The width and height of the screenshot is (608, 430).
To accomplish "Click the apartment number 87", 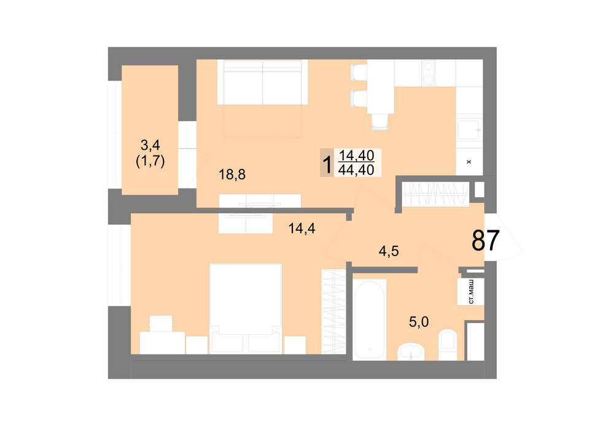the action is coord(485,240).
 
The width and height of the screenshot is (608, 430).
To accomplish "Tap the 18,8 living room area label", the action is coord(232,174).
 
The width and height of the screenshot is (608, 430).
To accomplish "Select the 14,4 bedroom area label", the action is coord(302,229).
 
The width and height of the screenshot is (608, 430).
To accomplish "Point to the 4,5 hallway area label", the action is coord(389,251).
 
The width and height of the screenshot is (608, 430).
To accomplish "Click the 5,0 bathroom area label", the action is coord(419,321).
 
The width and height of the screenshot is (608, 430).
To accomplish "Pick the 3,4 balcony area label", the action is coord(150,146).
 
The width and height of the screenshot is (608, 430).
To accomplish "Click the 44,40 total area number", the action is coord(356,170).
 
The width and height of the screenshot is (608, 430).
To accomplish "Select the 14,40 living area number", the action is coord(357,155).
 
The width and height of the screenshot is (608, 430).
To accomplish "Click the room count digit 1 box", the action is coord(327,163).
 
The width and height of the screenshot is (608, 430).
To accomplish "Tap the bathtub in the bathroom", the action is coord(370,319).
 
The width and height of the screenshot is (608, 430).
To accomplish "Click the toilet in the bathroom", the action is coord(448,345).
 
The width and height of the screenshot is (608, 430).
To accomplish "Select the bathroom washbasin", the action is coord(411,351).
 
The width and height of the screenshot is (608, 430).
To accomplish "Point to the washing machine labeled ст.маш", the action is coord(470,292).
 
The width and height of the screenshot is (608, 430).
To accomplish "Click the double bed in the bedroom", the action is coord(246,308).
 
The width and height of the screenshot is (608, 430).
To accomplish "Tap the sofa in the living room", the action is coord(262,82).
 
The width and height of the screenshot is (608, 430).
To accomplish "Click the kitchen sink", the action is coord(469,130).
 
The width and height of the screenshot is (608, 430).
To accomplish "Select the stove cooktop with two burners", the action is coord(428,73).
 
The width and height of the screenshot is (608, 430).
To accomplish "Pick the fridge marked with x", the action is coord(469,162).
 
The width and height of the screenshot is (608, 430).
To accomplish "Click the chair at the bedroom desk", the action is coord(161,323).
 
